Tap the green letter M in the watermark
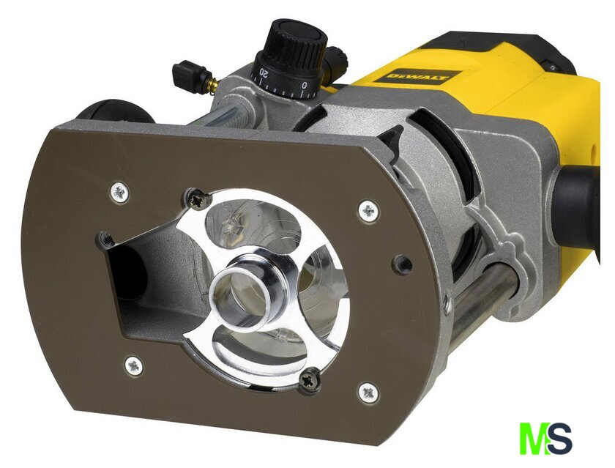pos(534,438)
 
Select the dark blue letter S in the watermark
pos(559,438)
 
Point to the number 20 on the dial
pos(264,73)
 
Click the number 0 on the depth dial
pos(305,85)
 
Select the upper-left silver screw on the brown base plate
pos(119,193)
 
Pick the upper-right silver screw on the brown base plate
pos(369,211)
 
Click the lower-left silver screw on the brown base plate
pos(134,365)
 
